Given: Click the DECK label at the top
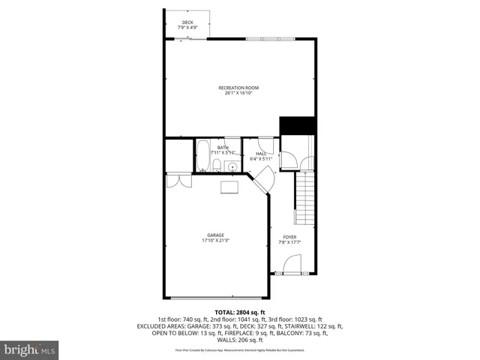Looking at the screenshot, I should click(187, 22).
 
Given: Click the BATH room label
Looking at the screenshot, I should click(223, 148).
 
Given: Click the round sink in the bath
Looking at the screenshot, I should click(233, 166).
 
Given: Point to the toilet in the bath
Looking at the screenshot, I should click(217, 164).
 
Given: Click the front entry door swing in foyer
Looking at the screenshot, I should click(292, 263).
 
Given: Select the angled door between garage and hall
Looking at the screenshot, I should click(262, 181).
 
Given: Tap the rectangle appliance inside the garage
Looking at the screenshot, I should click(229, 187).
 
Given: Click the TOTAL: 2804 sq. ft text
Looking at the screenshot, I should click(240, 311).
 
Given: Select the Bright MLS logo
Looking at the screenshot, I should click(30, 349).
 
